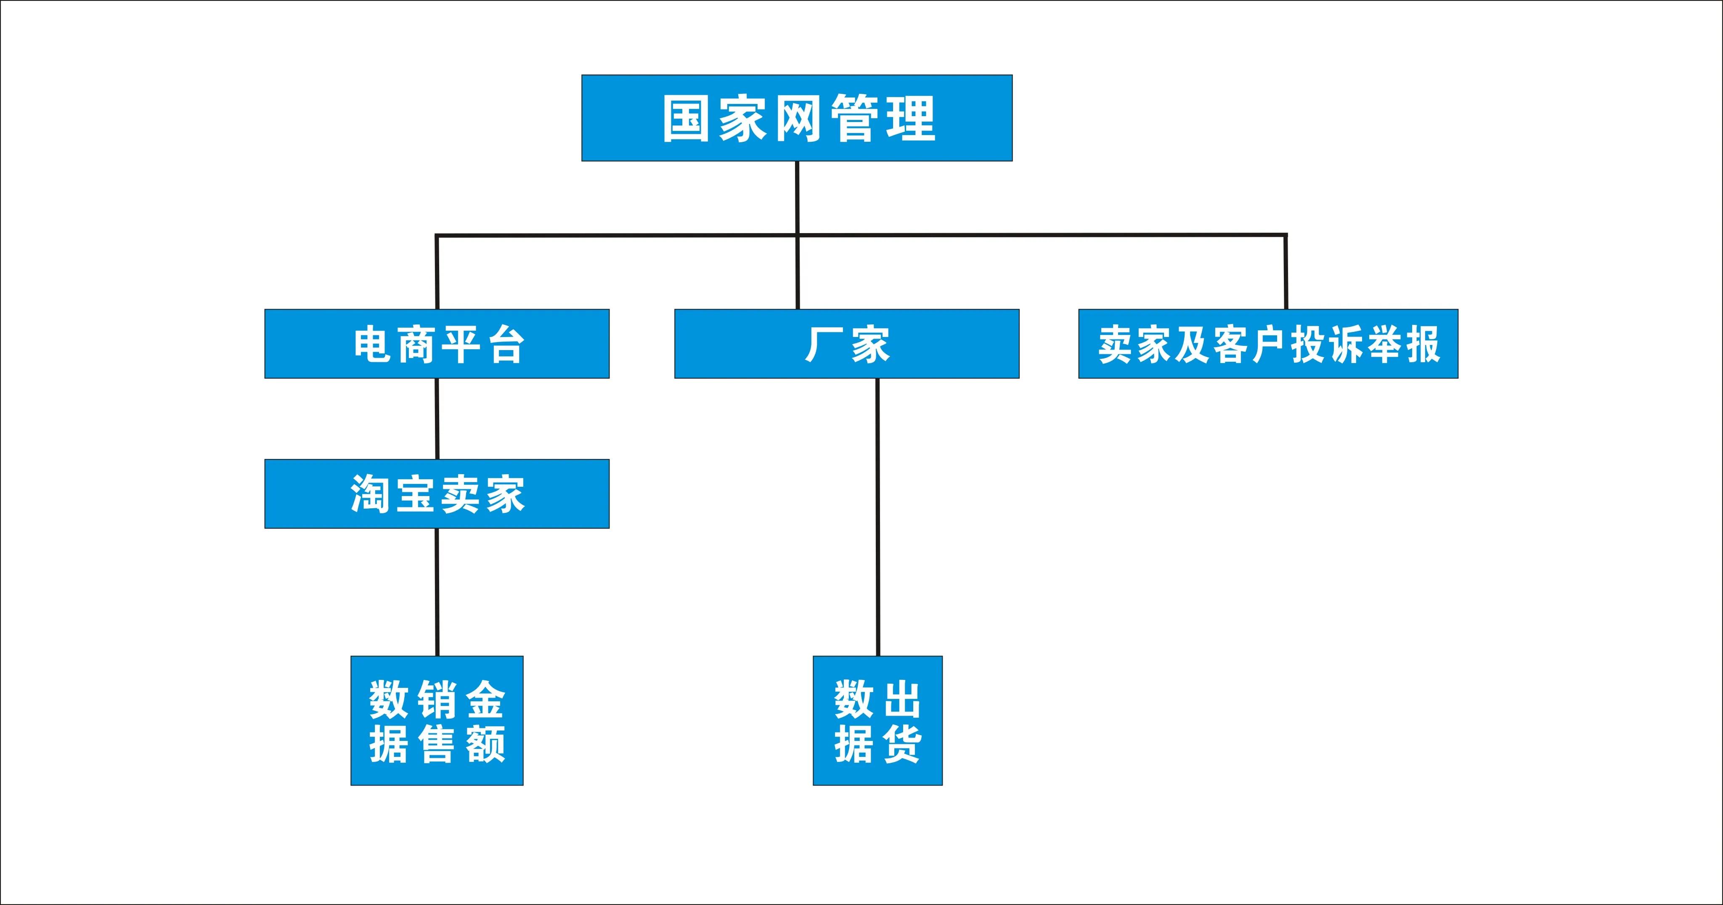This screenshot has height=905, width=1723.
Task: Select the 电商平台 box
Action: point(437,344)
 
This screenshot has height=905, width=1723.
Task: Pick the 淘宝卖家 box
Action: point(437,494)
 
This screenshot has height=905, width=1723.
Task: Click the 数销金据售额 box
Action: point(437,720)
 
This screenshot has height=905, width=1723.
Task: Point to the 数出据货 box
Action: point(877,720)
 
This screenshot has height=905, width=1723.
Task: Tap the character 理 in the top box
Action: point(911,118)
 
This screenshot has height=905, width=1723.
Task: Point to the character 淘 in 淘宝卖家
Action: point(370,494)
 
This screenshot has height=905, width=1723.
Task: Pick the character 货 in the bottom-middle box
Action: point(900,743)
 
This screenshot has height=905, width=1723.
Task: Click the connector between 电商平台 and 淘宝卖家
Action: point(437,419)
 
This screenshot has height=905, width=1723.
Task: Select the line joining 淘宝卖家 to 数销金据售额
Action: point(437,592)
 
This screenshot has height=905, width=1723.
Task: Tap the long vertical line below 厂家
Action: point(877,516)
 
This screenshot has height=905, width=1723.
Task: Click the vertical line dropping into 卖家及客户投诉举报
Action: point(1286,271)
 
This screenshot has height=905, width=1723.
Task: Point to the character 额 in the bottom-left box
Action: point(485,743)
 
